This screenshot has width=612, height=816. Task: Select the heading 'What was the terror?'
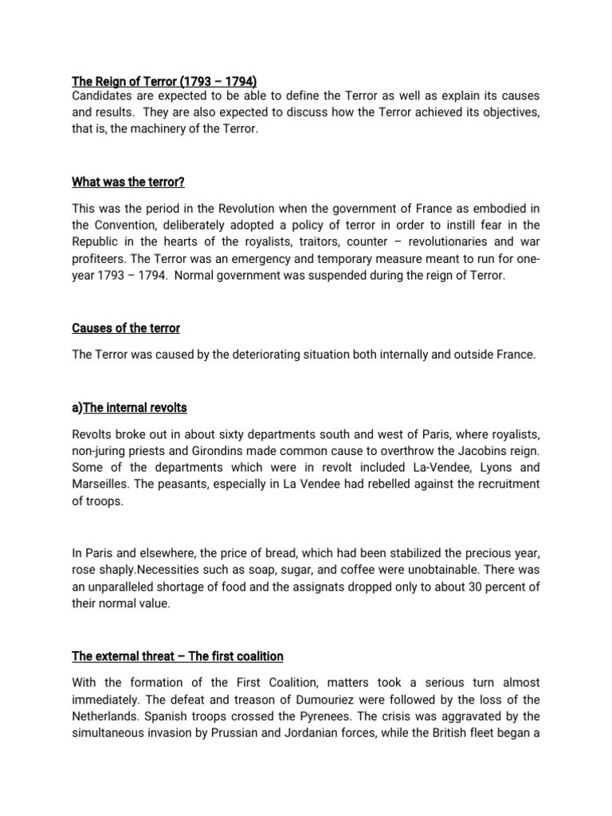coord(128,182)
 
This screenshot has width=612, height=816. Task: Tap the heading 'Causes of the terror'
coord(126,328)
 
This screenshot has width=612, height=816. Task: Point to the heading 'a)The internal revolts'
coord(129,407)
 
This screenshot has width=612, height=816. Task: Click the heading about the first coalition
coord(178,656)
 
